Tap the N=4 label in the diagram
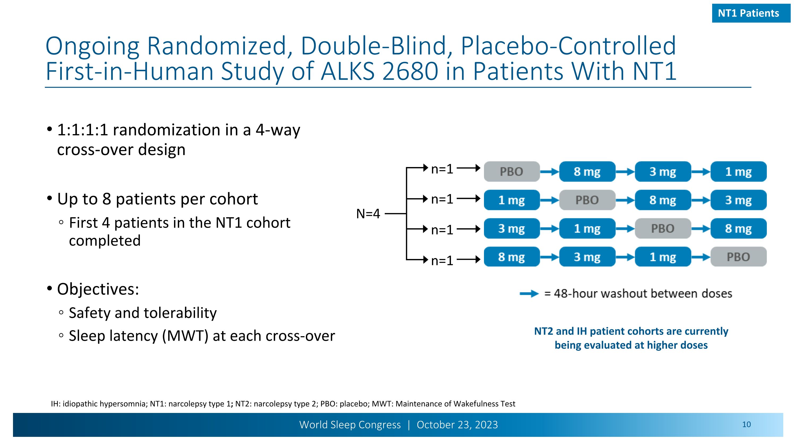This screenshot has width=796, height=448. pos(368,214)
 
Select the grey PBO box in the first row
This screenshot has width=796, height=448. pos(511,172)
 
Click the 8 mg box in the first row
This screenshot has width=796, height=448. pos(587,172)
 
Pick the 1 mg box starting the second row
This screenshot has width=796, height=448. pos(511,200)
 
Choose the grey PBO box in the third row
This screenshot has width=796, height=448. pos(663,228)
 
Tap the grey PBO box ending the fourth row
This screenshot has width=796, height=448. pos(738,257)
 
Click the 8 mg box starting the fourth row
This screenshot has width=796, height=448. pos(511,257)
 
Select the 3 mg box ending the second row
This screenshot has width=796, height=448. pos(738,200)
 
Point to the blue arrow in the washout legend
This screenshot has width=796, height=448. pos(529,293)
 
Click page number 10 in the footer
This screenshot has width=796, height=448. pos(746,425)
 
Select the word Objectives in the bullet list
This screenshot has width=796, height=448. pos(98,289)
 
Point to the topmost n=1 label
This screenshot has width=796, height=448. pos(442,169)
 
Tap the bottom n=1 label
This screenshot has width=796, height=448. pos(442,261)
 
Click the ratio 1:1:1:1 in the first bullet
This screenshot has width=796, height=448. pos(83,130)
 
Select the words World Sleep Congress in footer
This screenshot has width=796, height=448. pos(350,425)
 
